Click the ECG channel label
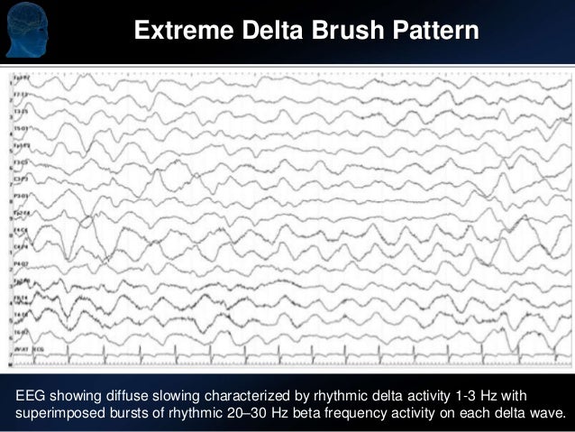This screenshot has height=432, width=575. [x=38, y=346]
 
